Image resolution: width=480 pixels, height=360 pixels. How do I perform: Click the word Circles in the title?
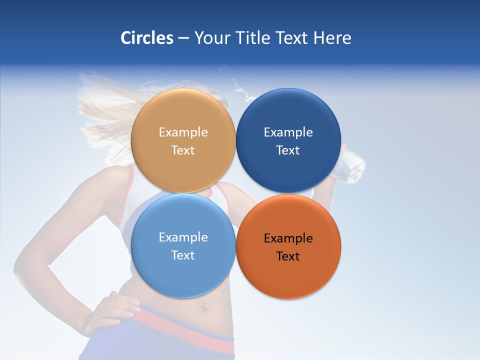pos(146,38)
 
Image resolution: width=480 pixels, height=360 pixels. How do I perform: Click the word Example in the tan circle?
pos(183,132)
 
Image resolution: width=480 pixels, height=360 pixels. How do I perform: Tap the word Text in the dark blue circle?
pos(288,150)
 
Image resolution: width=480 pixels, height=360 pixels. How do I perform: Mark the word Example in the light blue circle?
pos(183,237)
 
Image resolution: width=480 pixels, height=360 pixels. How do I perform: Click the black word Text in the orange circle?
pos(288,256)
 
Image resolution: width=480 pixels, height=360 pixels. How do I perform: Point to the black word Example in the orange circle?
pos(288,238)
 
